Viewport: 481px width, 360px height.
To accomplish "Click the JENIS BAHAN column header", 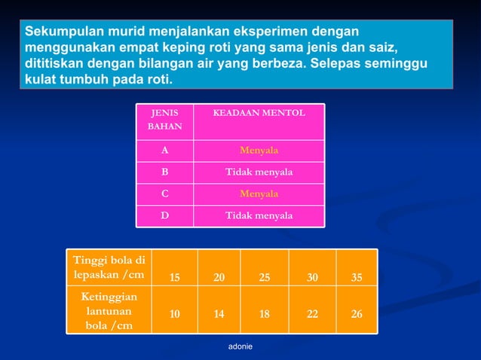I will coord(164,120).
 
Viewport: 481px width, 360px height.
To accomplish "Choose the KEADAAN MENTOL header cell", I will coord(259,113).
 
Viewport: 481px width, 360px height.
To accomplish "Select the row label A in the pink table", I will coord(164,151).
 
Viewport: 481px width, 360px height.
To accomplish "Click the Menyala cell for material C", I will coord(259,194).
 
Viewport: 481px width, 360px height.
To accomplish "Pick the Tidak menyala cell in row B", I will coord(259,172).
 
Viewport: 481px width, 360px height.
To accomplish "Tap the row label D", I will coord(164,216).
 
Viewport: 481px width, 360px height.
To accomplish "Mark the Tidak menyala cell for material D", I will coord(259,216).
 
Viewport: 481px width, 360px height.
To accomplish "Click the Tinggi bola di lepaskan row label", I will coord(109,268).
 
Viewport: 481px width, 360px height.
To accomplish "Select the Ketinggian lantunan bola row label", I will coord(109,311).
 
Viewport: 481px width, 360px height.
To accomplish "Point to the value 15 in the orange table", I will coord(174,278).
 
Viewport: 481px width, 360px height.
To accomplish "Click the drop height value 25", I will coord(264,278).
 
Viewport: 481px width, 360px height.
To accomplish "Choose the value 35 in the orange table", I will coord(357,278).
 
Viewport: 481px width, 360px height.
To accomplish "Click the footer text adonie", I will coord(240,346).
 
